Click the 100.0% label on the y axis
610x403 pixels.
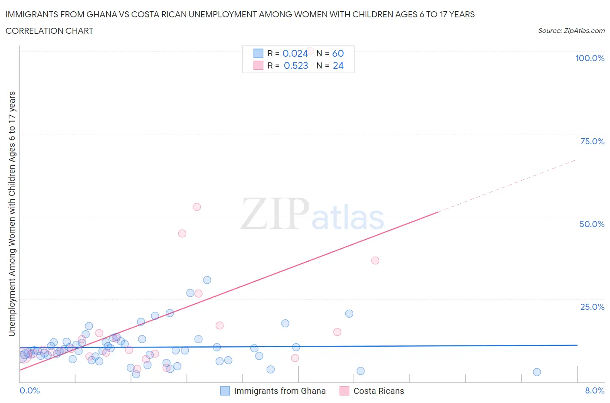590,58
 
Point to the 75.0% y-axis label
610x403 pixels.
592,141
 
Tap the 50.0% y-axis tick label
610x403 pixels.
592,224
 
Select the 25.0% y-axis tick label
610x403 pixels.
592,307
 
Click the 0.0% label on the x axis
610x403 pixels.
30,390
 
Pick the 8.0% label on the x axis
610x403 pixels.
594,390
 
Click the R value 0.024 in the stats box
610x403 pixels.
295,53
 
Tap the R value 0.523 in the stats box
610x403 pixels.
296,65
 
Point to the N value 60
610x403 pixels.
338,53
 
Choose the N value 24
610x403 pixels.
338,65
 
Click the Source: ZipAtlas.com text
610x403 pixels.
571,30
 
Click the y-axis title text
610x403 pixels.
12,214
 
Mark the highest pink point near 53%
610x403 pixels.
197,207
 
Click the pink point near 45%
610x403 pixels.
182,233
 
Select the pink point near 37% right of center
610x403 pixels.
375,260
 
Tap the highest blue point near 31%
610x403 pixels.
207,280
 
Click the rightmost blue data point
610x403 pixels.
537,372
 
